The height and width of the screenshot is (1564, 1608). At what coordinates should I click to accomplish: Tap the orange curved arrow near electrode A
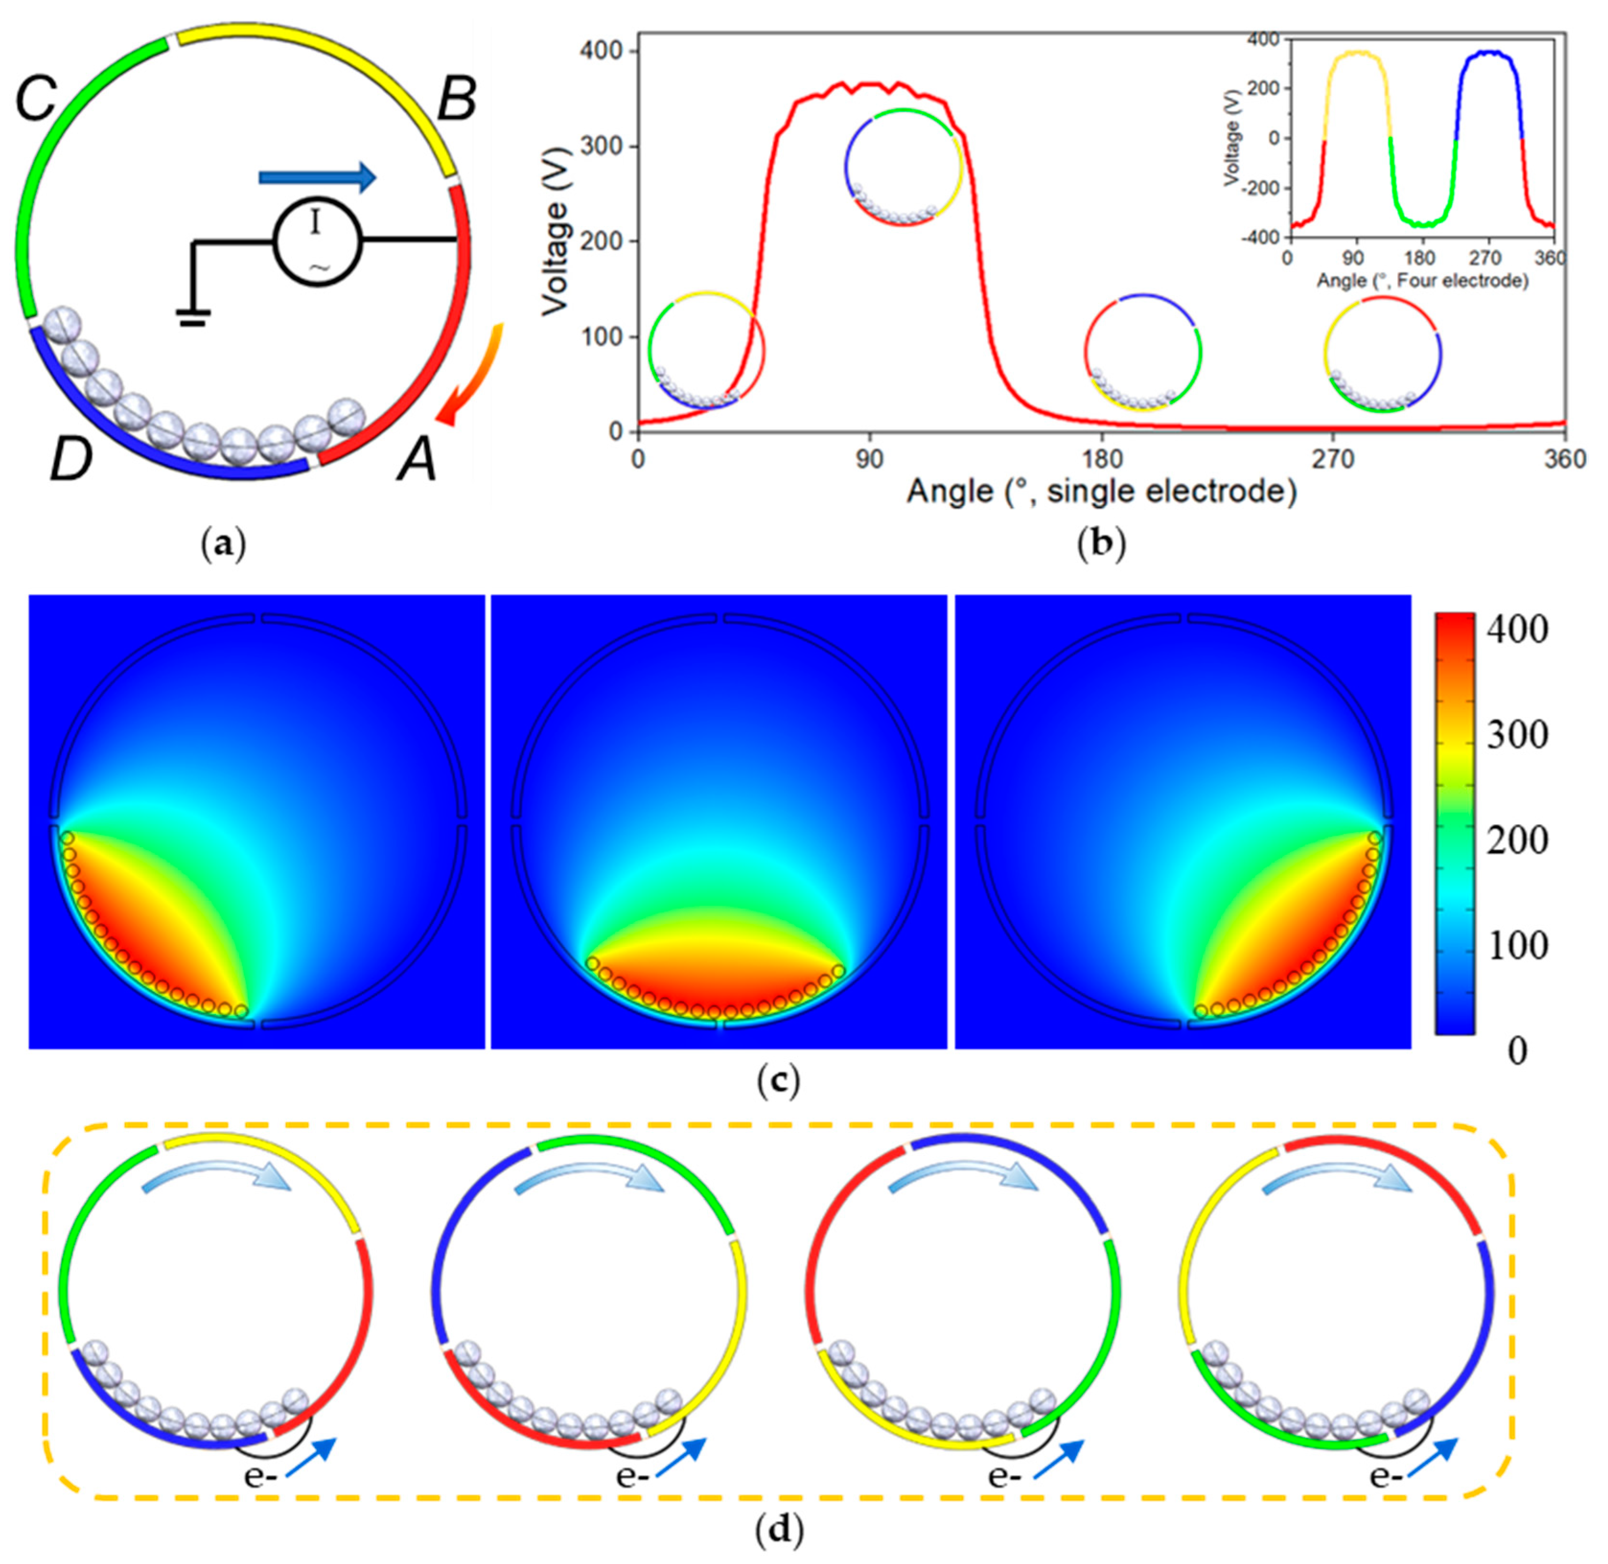point(472,374)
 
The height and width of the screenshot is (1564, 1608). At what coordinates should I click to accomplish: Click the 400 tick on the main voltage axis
point(606,52)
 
